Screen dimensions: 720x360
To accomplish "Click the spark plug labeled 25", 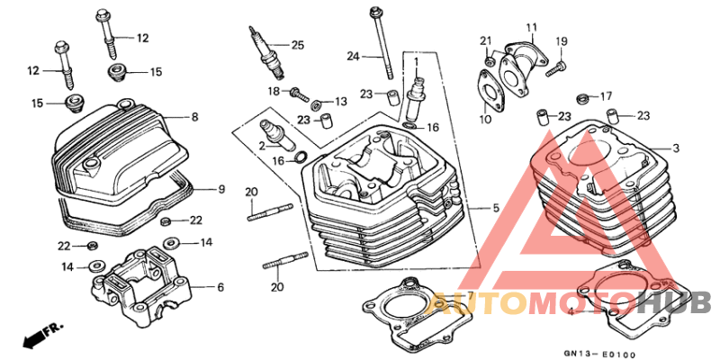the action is pos(266,51).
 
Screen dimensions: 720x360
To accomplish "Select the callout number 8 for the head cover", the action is pos(194,118).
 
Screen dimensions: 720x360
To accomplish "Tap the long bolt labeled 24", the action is pos(382,42).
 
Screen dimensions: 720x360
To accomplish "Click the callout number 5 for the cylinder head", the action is pos(496,209).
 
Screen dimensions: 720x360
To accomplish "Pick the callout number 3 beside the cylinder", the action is pos(676,148).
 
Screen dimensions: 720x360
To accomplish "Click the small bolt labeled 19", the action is pos(556,69).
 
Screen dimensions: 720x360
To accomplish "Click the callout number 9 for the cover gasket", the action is pos(221,189).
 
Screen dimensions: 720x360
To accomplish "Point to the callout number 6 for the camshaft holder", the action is pos(220,287).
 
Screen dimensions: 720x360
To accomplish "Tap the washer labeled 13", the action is pos(316,105).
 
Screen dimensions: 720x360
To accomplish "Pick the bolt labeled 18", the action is pos(299,94).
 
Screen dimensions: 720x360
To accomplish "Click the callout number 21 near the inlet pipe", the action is pos(486,40).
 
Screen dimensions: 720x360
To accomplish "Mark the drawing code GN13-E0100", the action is pos(599,354).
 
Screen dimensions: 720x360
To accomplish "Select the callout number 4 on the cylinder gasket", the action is pos(571,312).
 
